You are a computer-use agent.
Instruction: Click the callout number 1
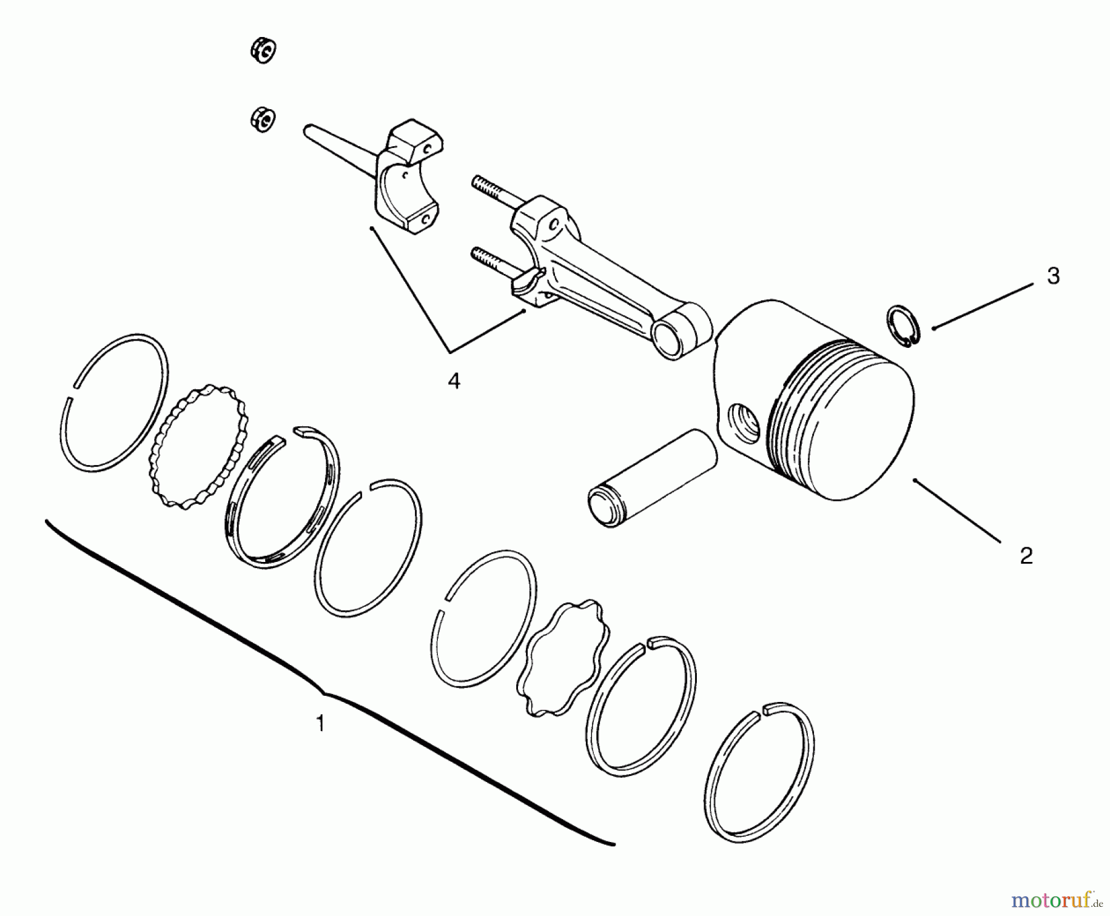320,722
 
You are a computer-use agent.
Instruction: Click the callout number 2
1026,556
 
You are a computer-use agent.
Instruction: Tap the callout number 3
1053,276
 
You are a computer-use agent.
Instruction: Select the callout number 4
453,381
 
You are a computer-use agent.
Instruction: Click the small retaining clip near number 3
903,325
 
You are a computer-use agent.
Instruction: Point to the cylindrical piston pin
652,479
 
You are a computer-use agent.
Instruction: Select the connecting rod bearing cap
408,176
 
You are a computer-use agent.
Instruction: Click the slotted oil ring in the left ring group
280,495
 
